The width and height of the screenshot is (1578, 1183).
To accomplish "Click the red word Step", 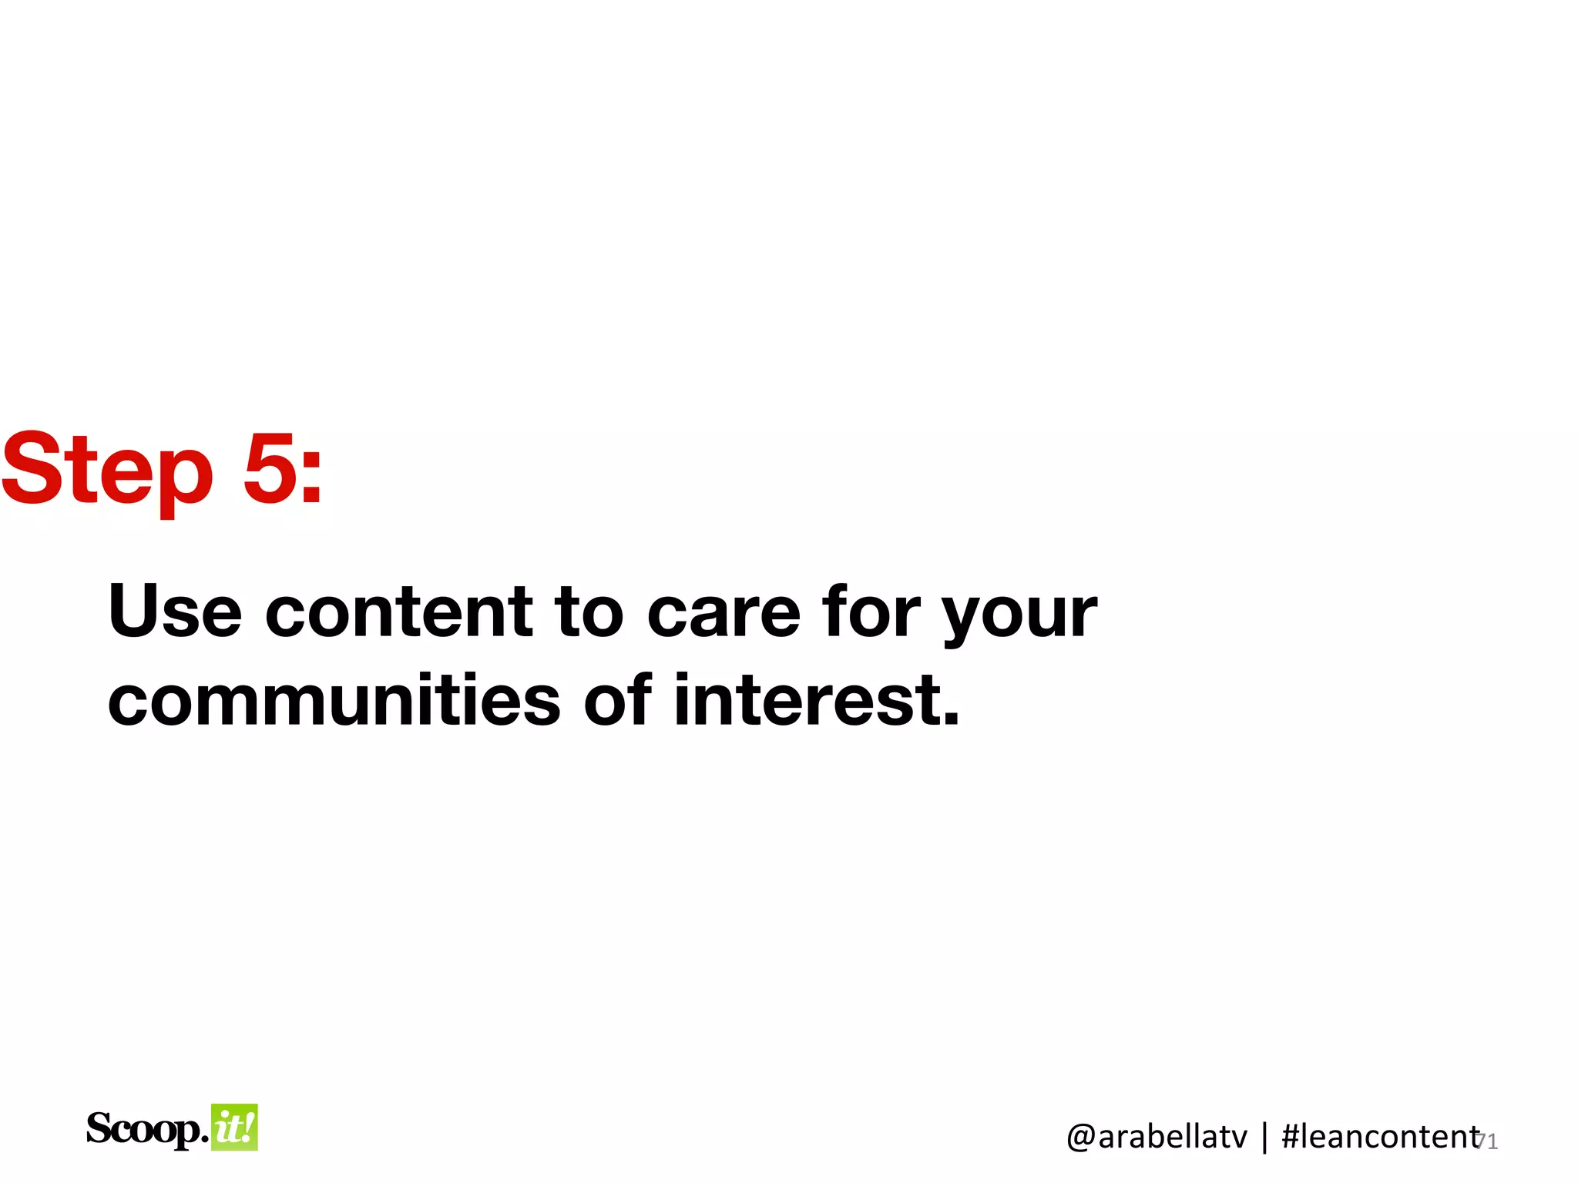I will (x=106, y=469).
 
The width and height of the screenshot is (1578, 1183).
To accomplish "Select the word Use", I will (x=175, y=612).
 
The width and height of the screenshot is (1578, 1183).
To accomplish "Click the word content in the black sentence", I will (x=398, y=612).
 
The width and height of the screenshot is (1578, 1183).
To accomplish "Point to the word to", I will (x=589, y=612).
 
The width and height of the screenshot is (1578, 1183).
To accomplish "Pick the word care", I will (x=724, y=613).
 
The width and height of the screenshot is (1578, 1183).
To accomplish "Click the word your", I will (x=1019, y=616).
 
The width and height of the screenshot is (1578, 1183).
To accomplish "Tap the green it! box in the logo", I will (x=234, y=1128).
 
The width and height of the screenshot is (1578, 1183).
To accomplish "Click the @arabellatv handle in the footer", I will (x=1157, y=1137).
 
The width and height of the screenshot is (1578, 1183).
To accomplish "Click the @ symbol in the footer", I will (x=1081, y=1138).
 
